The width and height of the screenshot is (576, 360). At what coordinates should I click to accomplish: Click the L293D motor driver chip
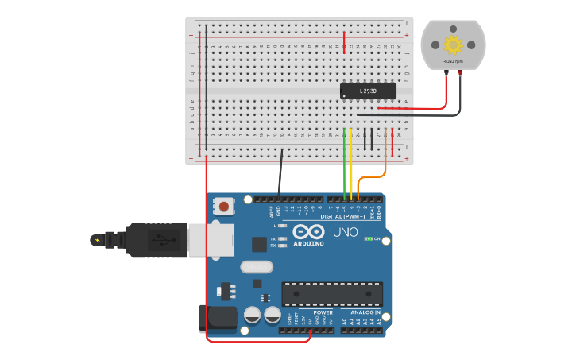coord(367,91)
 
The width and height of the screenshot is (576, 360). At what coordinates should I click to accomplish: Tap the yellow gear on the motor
coord(453,45)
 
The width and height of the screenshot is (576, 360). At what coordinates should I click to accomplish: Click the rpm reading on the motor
coord(453,61)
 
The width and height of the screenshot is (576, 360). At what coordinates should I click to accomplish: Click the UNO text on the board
coord(345,232)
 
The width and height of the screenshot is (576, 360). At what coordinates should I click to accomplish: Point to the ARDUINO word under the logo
coord(308,243)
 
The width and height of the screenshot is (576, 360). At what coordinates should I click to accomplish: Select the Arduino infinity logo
coord(308,231)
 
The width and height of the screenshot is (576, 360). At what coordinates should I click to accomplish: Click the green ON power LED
coord(368,238)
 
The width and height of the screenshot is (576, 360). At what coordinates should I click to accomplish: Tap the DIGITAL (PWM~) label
coord(342,216)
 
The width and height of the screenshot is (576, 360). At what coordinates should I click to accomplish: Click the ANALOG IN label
coord(365,312)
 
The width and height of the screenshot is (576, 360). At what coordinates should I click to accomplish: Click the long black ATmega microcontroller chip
coord(332,293)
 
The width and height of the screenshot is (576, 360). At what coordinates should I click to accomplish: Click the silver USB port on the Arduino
coord(211,239)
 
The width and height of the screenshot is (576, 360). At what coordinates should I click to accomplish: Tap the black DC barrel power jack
coord(217,319)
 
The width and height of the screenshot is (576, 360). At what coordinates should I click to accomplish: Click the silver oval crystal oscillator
coord(256,267)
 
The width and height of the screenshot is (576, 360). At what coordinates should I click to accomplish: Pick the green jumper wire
coord(344,167)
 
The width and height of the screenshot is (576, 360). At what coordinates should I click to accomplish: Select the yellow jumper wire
coord(351,167)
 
